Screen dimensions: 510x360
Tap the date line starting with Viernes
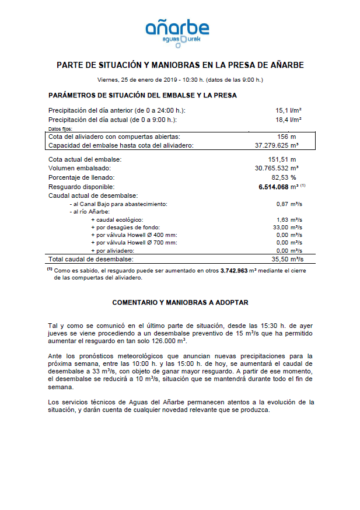pyautogui.click(x=180, y=79)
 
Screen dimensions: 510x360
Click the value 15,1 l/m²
pyautogui.click(x=288, y=110)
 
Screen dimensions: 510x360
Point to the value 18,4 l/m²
pyautogui.click(x=288, y=119)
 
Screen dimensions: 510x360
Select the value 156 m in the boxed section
pyautogui.click(x=286, y=136)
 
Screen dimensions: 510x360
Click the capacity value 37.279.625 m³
pyautogui.click(x=277, y=145)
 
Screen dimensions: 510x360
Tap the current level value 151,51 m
pyautogui.click(x=282, y=159)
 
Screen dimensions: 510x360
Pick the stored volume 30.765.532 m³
pyautogui.click(x=277, y=168)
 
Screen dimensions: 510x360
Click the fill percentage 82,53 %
pyautogui.click(x=284, y=177)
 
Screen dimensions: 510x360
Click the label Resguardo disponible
pyautogui.click(x=82, y=186)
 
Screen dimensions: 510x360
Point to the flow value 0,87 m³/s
pyautogui.click(x=288, y=204)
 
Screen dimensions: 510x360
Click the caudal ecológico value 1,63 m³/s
pyautogui.click(x=288, y=219)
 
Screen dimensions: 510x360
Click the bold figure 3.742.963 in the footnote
pyautogui.click(x=240, y=271)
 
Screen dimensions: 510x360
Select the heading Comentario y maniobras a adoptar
pyautogui.click(x=180, y=302)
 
